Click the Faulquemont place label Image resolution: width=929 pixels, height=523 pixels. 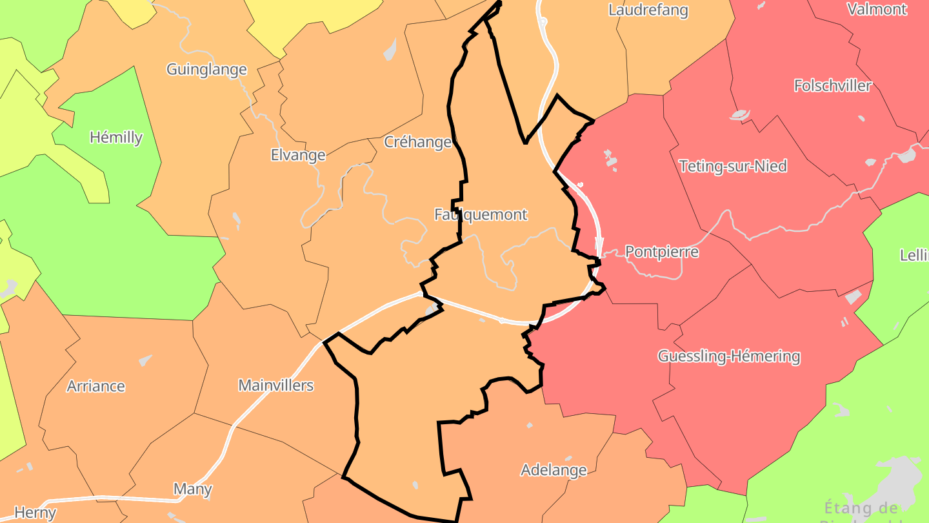pyautogui.click(x=481, y=214)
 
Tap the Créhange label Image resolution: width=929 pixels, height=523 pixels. pyautogui.click(x=417, y=142)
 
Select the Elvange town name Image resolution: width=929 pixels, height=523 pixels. pyautogui.click(x=298, y=155)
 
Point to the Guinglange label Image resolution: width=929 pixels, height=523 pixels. pyautogui.click(x=206, y=70)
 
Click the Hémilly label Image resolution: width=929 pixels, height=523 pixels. pyautogui.click(x=116, y=137)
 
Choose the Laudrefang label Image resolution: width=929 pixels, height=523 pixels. pyautogui.click(x=648, y=10)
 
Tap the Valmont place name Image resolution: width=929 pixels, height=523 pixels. pyautogui.click(x=877, y=9)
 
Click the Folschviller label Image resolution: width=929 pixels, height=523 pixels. pyautogui.click(x=832, y=86)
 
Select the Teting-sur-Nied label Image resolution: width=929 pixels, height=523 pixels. pyautogui.click(x=733, y=167)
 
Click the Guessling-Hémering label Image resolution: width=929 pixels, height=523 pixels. pyautogui.click(x=729, y=356)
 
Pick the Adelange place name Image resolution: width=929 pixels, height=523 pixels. pyautogui.click(x=554, y=470)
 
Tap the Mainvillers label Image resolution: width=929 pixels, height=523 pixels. pyautogui.click(x=275, y=386)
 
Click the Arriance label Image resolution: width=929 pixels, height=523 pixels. pyautogui.click(x=96, y=386)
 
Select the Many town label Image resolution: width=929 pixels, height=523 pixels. pyautogui.click(x=193, y=489)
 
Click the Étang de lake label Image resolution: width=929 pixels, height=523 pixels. pyautogui.click(x=861, y=508)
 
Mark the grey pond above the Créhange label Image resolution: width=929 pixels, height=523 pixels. pyautogui.click(x=390, y=50)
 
